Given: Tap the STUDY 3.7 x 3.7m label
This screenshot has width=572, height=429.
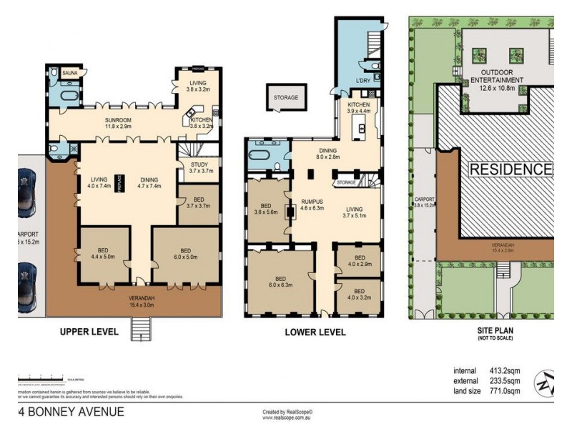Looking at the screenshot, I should point(199,167).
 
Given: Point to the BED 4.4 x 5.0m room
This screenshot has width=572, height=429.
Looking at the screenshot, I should point(104,254).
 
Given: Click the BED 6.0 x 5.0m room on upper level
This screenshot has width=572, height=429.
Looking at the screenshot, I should point(186,254).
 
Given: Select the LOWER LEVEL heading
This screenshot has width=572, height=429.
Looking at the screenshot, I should point(315,332).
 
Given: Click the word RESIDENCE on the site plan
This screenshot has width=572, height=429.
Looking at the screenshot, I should point(511,169).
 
